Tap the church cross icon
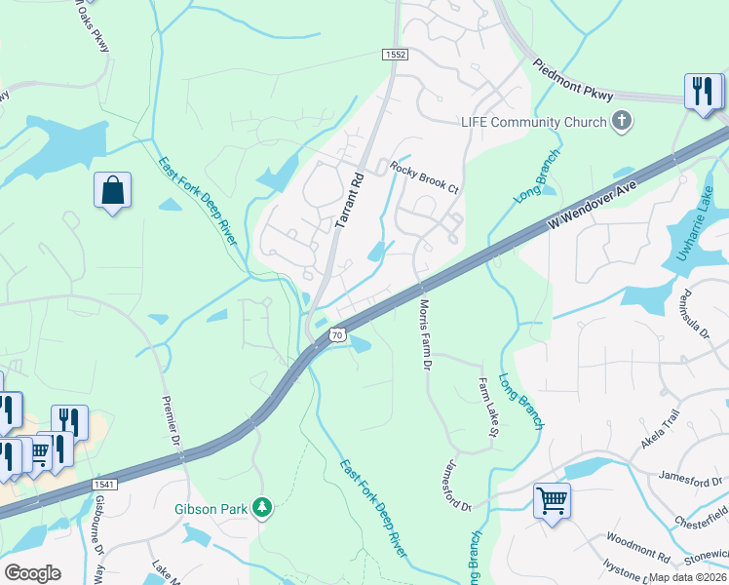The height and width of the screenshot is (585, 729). [621, 122]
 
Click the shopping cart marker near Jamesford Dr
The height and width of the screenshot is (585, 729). [552, 501]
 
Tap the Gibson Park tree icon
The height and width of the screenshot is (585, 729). [261, 508]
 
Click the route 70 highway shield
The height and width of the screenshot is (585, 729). [337, 334]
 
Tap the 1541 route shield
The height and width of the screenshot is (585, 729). [105, 485]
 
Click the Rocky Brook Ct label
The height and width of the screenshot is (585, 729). [424, 176]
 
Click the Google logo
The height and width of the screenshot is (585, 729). [32, 573]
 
